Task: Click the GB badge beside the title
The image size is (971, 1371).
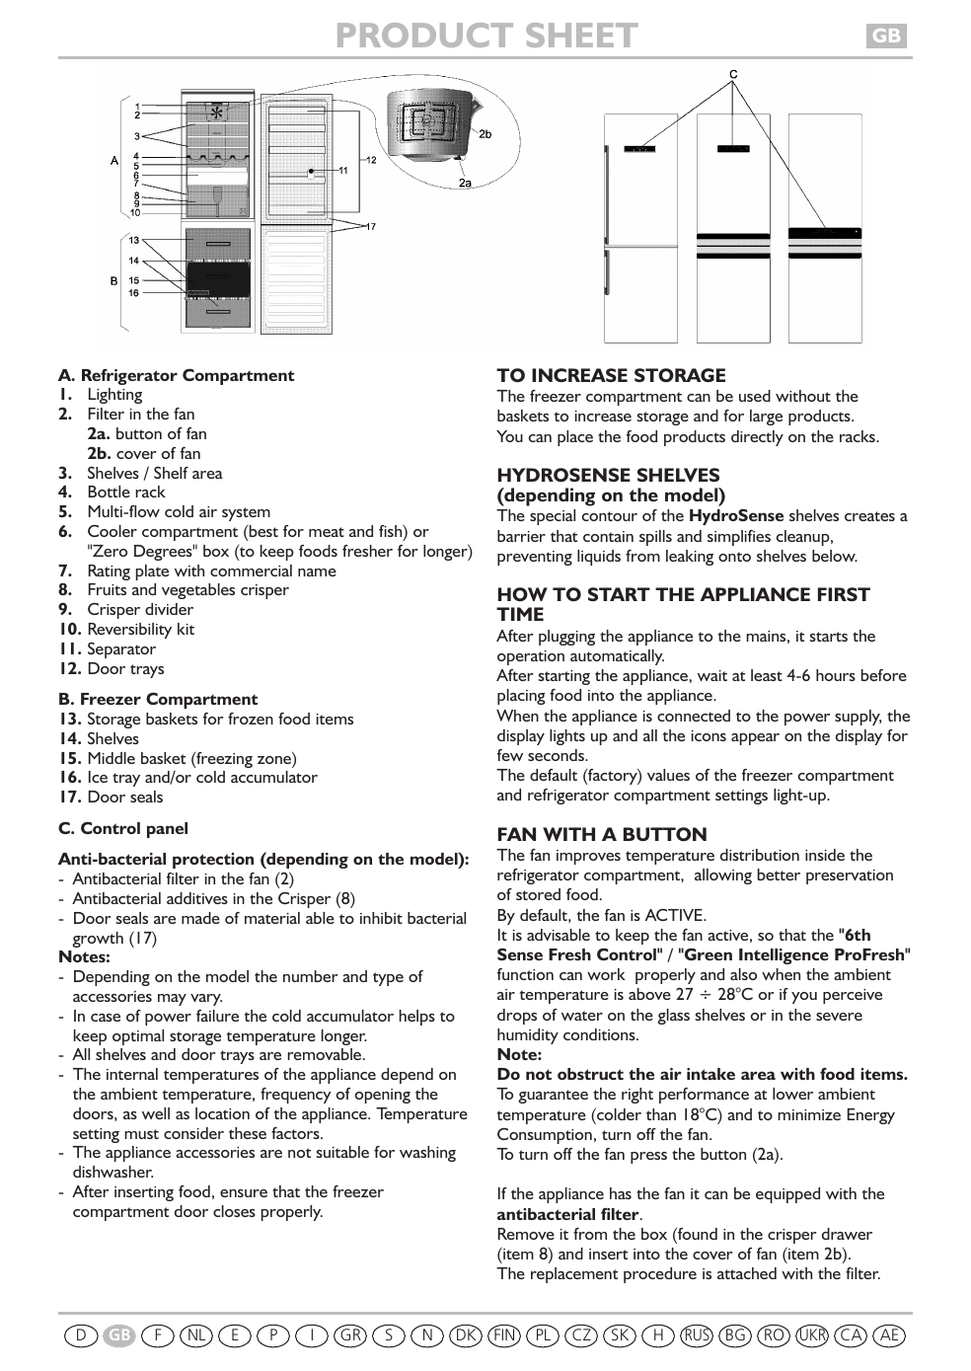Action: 886,37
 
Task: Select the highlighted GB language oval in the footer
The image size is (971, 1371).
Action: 119,1335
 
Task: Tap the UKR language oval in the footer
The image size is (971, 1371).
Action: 812,1335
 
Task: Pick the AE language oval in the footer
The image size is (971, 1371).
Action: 889,1335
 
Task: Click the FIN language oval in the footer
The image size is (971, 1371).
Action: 504,1335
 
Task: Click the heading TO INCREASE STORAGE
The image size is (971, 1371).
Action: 611,376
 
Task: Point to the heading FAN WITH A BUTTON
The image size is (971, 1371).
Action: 602,835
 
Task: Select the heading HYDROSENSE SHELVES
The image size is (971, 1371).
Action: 608,476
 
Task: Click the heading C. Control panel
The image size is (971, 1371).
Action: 122,829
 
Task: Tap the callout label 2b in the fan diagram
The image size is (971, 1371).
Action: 485,134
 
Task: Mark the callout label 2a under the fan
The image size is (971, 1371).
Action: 465,183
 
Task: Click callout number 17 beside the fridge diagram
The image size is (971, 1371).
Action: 371,227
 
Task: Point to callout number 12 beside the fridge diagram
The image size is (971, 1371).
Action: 371,160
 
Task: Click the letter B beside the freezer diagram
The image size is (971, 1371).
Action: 114,281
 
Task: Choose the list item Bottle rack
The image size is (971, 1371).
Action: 125,493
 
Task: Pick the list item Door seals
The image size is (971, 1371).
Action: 124,798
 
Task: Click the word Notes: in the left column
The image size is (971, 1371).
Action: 84,957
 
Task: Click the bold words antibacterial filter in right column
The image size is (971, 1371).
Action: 567,1215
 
